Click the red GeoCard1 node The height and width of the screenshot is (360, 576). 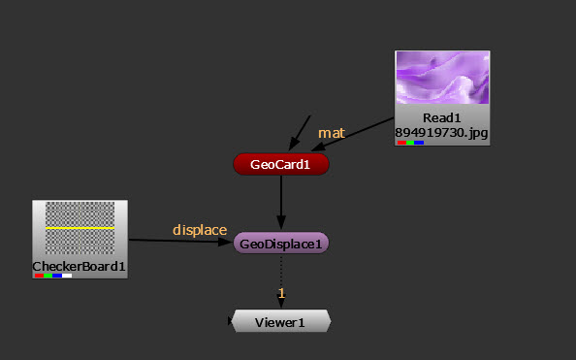point(281,164)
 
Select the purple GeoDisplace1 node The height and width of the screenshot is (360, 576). point(281,243)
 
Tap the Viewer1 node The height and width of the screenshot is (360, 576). point(281,321)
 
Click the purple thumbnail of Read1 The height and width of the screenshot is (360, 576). point(442,78)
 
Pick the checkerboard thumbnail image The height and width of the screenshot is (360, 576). point(80,228)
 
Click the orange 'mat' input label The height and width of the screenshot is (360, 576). point(332,133)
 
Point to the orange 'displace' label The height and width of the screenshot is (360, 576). point(200,230)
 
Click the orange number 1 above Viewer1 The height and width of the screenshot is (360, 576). point(281,293)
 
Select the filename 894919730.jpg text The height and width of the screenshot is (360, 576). point(441,132)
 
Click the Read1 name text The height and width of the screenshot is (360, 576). point(441,117)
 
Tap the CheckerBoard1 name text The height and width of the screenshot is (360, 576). point(79,266)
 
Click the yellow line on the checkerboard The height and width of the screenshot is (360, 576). point(80,228)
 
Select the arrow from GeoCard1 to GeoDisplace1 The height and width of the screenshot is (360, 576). point(281,202)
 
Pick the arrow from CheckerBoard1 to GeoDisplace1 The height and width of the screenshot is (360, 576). point(180,241)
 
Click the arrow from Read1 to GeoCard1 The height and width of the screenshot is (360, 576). point(353,135)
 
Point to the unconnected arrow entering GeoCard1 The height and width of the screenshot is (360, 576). point(300,133)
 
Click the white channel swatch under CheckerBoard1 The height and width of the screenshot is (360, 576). point(67,276)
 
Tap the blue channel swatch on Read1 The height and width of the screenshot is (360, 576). point(419,143)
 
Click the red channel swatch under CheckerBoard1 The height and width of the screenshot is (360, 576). point(40,276)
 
